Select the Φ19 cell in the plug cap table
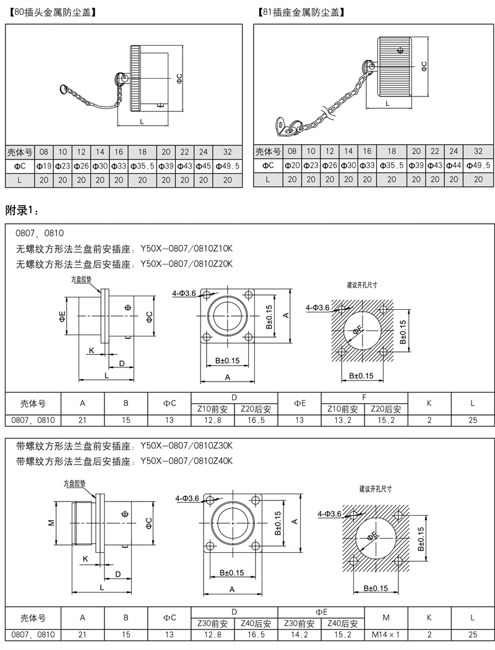[44, 166]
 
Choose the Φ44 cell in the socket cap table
[453, 166]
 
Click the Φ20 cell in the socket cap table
[292, 166]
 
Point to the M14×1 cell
[386, 634]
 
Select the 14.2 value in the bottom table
[299, 634]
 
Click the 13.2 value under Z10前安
[343, 420]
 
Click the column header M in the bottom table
[386, 617]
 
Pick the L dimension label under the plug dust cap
[142, 121]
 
